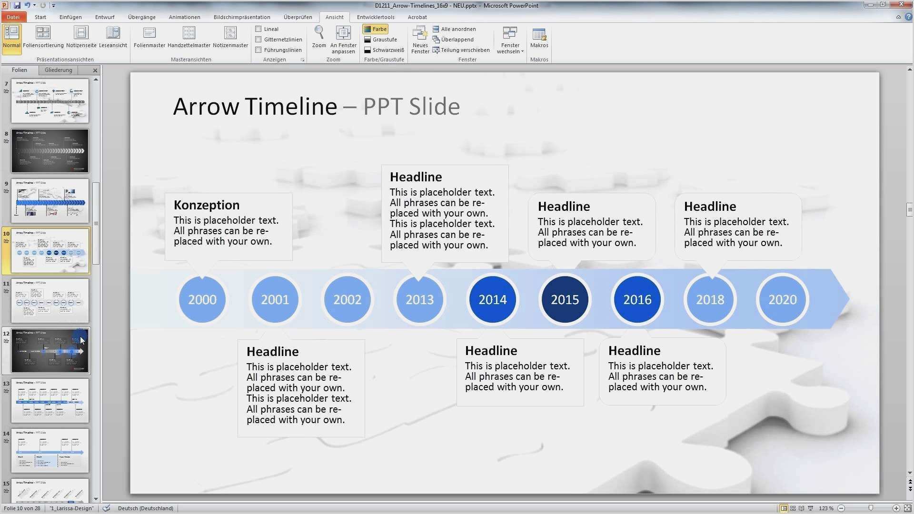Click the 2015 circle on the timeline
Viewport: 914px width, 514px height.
point(565,299)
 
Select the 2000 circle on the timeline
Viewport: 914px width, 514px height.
point(202,299)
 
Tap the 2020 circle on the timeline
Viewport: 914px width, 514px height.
point(782,299)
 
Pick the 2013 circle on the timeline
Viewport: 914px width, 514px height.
point(419,299)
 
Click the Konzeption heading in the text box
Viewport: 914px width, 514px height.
point(207,205)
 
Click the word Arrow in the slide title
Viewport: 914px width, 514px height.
point(206,107)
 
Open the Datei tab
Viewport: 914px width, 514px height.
point(13,17)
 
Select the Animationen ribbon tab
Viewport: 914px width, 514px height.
point(184,17)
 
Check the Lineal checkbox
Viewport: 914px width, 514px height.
point(258,29)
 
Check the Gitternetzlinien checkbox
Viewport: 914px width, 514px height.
point(258,40)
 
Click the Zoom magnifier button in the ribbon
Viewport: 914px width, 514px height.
point(319,37)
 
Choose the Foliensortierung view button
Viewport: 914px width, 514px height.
point(43,37)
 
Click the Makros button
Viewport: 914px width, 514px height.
point(539,37)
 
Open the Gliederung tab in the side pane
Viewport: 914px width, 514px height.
point(59,70)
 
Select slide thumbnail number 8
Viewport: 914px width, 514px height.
point(50,151)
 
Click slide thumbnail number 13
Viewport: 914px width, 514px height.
point(50,401)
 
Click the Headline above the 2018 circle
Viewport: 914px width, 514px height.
point(710,207)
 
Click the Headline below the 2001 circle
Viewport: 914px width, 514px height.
point(272,352)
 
